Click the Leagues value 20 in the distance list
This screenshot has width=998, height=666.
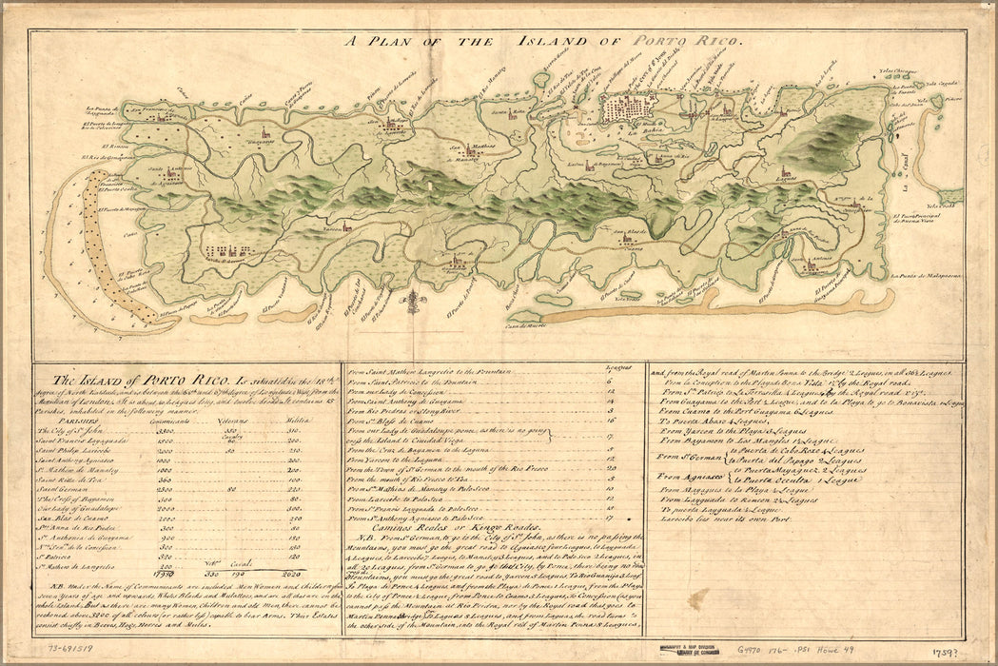(x=609, y=468)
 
